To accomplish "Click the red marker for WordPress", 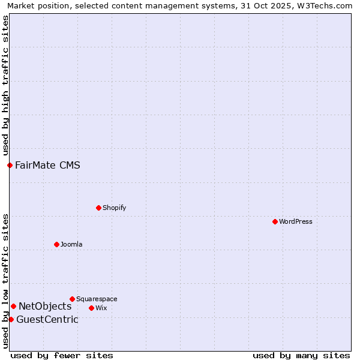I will pyautogui.click(x=275, y=221).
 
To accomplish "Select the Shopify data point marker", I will pyautogui.click(x=98, y=208).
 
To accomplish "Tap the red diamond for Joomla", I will pyautogui.click(x=56, y=244).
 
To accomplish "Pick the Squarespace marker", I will pyautogui.click(x=72, y=299).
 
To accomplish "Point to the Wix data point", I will pyautogui.click(x=91, y=308).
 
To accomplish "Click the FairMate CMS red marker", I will pyautogui.click(x=10, y=165).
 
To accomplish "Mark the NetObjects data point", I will pyautogui.click(x=13, y=306).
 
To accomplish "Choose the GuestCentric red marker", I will pyautogui.click(x=11, y=319).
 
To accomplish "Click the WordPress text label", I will pyautogui.click(x=296, y=221).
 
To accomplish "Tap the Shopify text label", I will pyautogui.click(x=114, y=208).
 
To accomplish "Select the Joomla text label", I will pyautogui.click(x=71, y=244).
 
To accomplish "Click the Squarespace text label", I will pyautogui.click(x=97, y=299).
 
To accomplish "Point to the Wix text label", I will pyautogui.click(x=101, y=308).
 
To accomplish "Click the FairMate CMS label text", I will pyautogui.click(x=47, y=165).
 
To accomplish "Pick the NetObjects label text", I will pyautogui.click(x=45, y=306).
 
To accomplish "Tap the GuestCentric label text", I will pyautogui.click(x=47, y=319).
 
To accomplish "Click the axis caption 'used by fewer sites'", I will pyautogui.click(x=62, y=355).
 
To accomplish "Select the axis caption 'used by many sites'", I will pyautogui.click(x=301, y=355).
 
